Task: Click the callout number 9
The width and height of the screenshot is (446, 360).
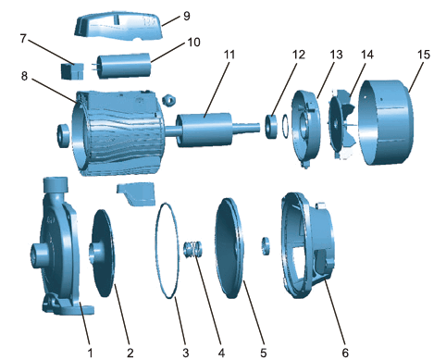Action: coord(186,16)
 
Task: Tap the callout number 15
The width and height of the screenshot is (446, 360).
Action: coord(424,55)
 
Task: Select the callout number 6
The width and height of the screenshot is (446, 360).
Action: coord(345,353)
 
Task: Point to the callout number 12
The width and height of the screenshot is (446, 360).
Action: coord(299,55)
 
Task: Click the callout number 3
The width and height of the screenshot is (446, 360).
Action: coord(185,353)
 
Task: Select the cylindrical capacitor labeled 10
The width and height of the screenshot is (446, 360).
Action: coord(125,66)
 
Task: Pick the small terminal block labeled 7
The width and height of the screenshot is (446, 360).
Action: coord(72,71)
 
